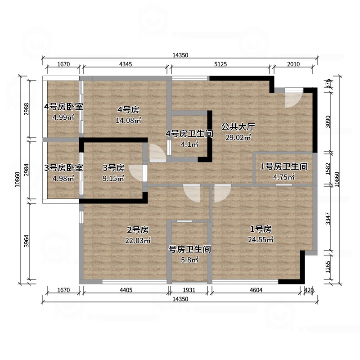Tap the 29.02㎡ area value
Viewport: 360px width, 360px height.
(x=238, y=138)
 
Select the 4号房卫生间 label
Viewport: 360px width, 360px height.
(x=189, y=134)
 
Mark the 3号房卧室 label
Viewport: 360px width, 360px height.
(x=63, y=168)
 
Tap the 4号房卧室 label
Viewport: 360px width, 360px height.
(x=63, y=107)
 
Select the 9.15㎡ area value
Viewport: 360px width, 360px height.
(x=113, y=179)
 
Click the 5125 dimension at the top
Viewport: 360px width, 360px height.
(x=220, y=65)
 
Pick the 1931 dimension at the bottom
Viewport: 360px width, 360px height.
(x=189, y=290)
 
